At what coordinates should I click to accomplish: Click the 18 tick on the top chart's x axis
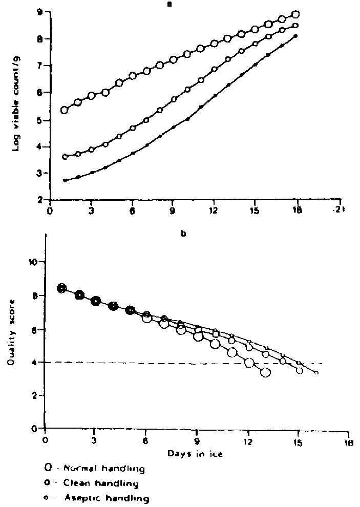point(297,210)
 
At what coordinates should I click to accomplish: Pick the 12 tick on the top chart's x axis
point(214,210)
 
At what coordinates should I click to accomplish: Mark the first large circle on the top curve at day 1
point(65,110)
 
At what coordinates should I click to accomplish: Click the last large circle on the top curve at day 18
point(295,14)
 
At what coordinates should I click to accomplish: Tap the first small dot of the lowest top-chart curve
point(65,180)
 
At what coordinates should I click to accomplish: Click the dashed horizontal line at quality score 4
point(154,363)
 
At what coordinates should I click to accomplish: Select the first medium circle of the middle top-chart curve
point(65,157)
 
